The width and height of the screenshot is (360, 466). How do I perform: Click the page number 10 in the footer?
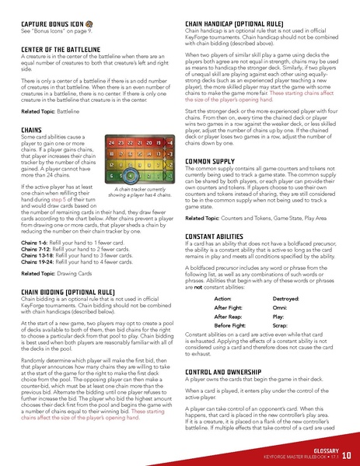pos(346,453)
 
